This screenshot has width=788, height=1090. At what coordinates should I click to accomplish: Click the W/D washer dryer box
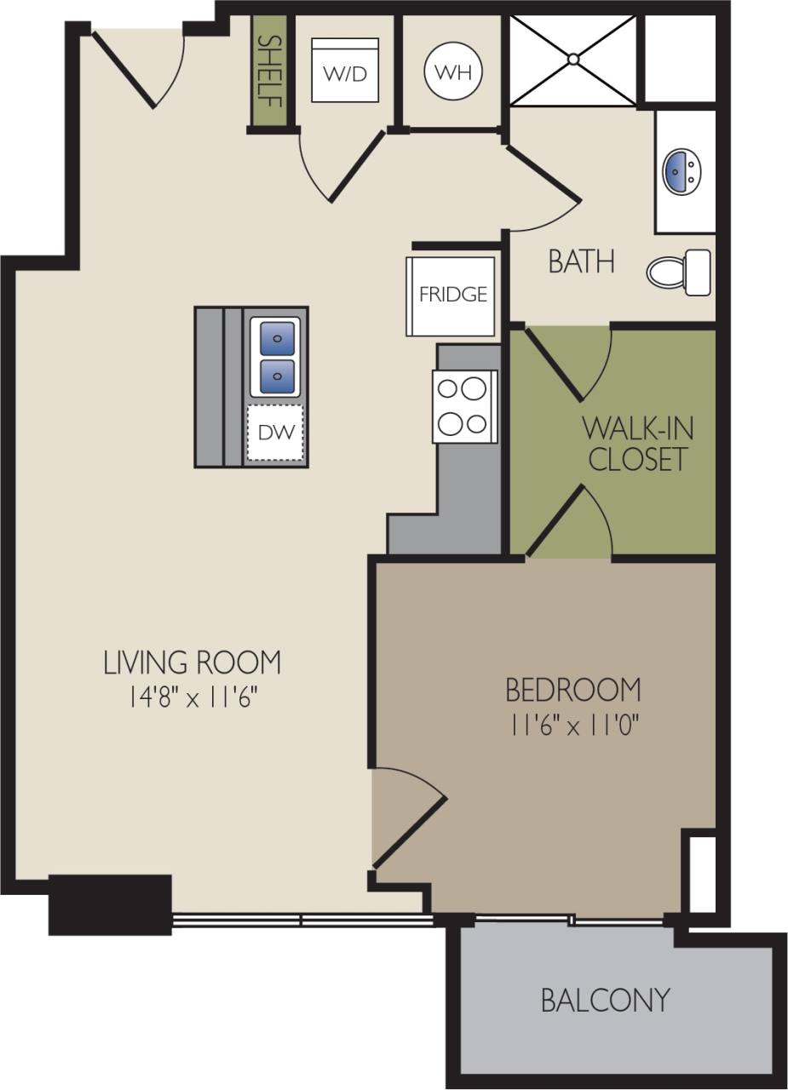coord(344,71)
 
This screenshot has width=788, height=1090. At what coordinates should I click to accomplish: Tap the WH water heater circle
coord(453,71)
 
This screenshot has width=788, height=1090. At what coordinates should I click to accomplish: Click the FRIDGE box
coord(452,295)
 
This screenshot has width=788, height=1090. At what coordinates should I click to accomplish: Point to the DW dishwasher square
coord(275,433)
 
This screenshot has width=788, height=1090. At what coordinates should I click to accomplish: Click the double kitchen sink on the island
coord(275,358)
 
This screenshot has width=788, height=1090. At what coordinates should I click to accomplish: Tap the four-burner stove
coord(465,406)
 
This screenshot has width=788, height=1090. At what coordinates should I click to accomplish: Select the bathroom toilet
coord(678,272)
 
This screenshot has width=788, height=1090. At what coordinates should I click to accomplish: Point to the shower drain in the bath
coord(573,60)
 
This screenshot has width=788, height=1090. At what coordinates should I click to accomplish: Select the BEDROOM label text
coord(572,688)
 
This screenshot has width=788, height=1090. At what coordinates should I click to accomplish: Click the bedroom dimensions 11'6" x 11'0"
coord(574,726)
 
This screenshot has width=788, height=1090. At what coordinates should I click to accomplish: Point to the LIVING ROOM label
coord(192,662)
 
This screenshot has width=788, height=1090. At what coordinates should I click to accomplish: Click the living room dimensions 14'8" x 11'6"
coord(193,698)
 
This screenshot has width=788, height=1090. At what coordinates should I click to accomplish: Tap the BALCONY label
coord(605,999)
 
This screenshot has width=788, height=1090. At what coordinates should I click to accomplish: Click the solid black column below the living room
coord(110,904)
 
